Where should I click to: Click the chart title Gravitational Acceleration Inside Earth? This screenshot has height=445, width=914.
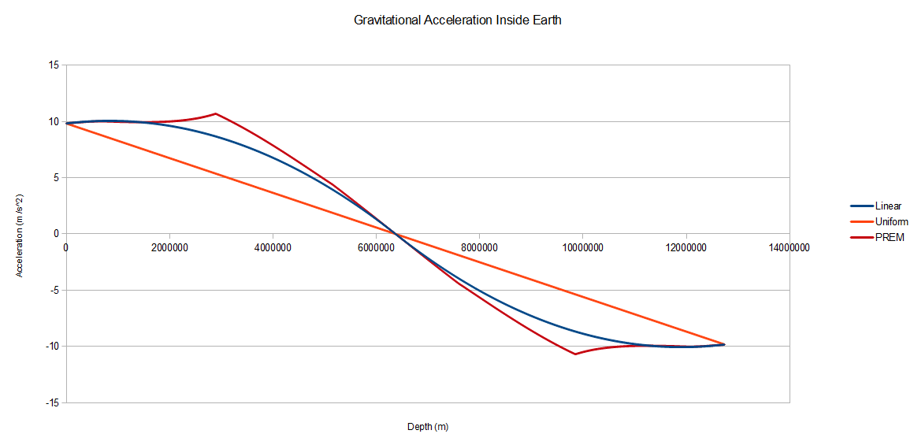click(457, 20)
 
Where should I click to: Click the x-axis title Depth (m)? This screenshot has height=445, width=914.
click(427, 427)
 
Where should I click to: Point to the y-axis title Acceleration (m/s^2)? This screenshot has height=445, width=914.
click(20, 234)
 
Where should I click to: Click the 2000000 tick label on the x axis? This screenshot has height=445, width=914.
click(169, 247)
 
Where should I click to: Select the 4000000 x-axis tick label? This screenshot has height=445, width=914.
click(273, 247)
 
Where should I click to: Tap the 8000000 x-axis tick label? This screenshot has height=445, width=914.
click(479, 247)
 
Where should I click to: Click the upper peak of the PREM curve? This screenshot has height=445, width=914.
click(215, 113)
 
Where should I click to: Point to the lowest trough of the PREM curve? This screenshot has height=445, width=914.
click(574, 354)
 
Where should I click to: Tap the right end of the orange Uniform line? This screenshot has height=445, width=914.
click(723, 344)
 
